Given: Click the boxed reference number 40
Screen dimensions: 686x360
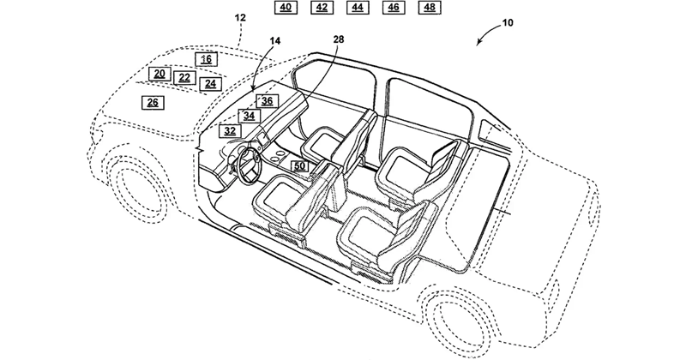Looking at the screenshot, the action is point(286,8).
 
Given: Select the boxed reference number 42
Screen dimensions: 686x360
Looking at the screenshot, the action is point(322,8).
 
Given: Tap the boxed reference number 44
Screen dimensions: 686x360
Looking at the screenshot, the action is point(358,8).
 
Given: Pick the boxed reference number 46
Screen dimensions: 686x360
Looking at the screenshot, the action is point(394,8).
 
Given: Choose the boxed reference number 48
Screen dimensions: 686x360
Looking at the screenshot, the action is point(430,8).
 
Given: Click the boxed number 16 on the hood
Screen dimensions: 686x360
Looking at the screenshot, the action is point(207,59).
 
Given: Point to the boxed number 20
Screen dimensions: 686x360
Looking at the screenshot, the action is point(159,74).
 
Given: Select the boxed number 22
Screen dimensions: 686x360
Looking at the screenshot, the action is point(184,78).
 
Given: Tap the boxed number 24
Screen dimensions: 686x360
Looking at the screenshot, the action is point(210,83).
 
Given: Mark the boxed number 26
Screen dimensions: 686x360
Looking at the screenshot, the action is point(153,103).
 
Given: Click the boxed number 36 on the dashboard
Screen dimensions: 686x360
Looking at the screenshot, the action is point(267,101).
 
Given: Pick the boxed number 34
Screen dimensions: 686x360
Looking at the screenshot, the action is point(249,116).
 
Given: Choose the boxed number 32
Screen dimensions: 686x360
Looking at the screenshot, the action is point(230,130).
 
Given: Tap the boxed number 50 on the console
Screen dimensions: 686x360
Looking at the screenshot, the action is point(299,166).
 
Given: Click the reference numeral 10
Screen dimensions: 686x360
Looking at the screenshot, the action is point(508,23).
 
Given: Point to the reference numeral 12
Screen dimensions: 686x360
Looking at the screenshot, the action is point(240,18).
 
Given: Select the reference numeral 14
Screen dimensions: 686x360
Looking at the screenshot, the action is point(274,41).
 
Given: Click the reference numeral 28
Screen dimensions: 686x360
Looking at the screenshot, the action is point(339,39).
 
